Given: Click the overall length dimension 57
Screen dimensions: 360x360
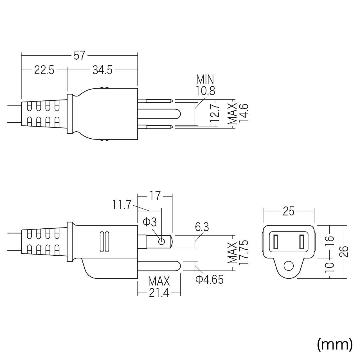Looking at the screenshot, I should click(x=79, y=56).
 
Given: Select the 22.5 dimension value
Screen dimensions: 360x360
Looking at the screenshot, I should click(x=44, y=70).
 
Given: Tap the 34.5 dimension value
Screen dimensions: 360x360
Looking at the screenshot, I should click(x=102, y=70).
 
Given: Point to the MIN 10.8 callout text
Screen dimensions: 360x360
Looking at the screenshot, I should click(x=205, y=85).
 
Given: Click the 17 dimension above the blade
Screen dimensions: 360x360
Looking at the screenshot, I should click(x=155, y=196).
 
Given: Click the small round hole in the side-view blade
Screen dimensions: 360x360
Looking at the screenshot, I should click(x=161, y=242).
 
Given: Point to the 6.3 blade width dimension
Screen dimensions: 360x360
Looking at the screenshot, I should click(x=202, y=227).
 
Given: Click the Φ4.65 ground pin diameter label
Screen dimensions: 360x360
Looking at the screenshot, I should click(x=209, y=279).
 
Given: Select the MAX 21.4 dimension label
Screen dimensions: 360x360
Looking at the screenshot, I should click(x=159, y=287).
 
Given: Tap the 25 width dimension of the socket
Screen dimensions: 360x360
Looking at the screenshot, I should click(x=289, y=211).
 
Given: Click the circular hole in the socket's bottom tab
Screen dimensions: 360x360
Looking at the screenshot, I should click(x=288, y=265).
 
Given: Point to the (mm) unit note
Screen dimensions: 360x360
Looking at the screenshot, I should click(x=334, y=344).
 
